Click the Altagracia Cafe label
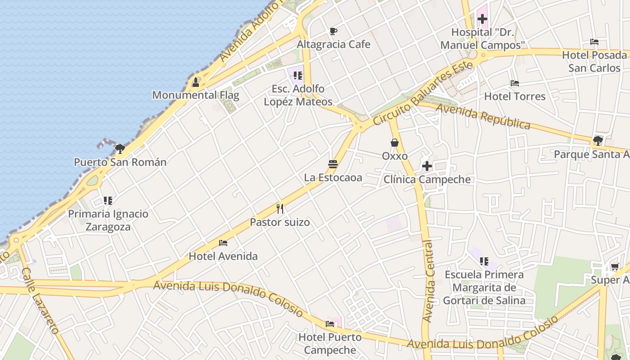pyautogui.click(x=333, y=44)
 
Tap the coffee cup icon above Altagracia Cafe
pyautogui.click(x=333, y=31)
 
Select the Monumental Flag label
pyautogui.click(x=196, y=95)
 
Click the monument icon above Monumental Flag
pyautogui.click(x=196, y=82)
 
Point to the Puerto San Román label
pyautogui.click(x=120, y=162)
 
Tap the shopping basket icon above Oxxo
pyautogui.click(x=395, y=143)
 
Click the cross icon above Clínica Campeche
pyautogui.click(x=427, y=166)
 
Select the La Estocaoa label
pyautogui.click(x=333, y=177)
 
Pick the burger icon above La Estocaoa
pyautogui.click(x=333, y=164)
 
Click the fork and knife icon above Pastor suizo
pyautogui.click(x=280, y=208)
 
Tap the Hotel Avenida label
pyautogui.click(x=223, y=256)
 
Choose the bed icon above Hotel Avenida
pyautogui.click(x=223, y=243)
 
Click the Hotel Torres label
pyautogui.click(x=515, y=96)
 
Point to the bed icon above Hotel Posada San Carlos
pyautogui.click(x=594, y=42)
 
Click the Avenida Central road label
pyautogui.click(x=428, y=281)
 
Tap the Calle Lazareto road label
pyautogui.click(x=40, y=301)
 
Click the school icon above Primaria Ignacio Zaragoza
pyautogui.click(x=108, y=200)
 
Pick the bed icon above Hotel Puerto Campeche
pyautogui.click(x=330, y=324)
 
